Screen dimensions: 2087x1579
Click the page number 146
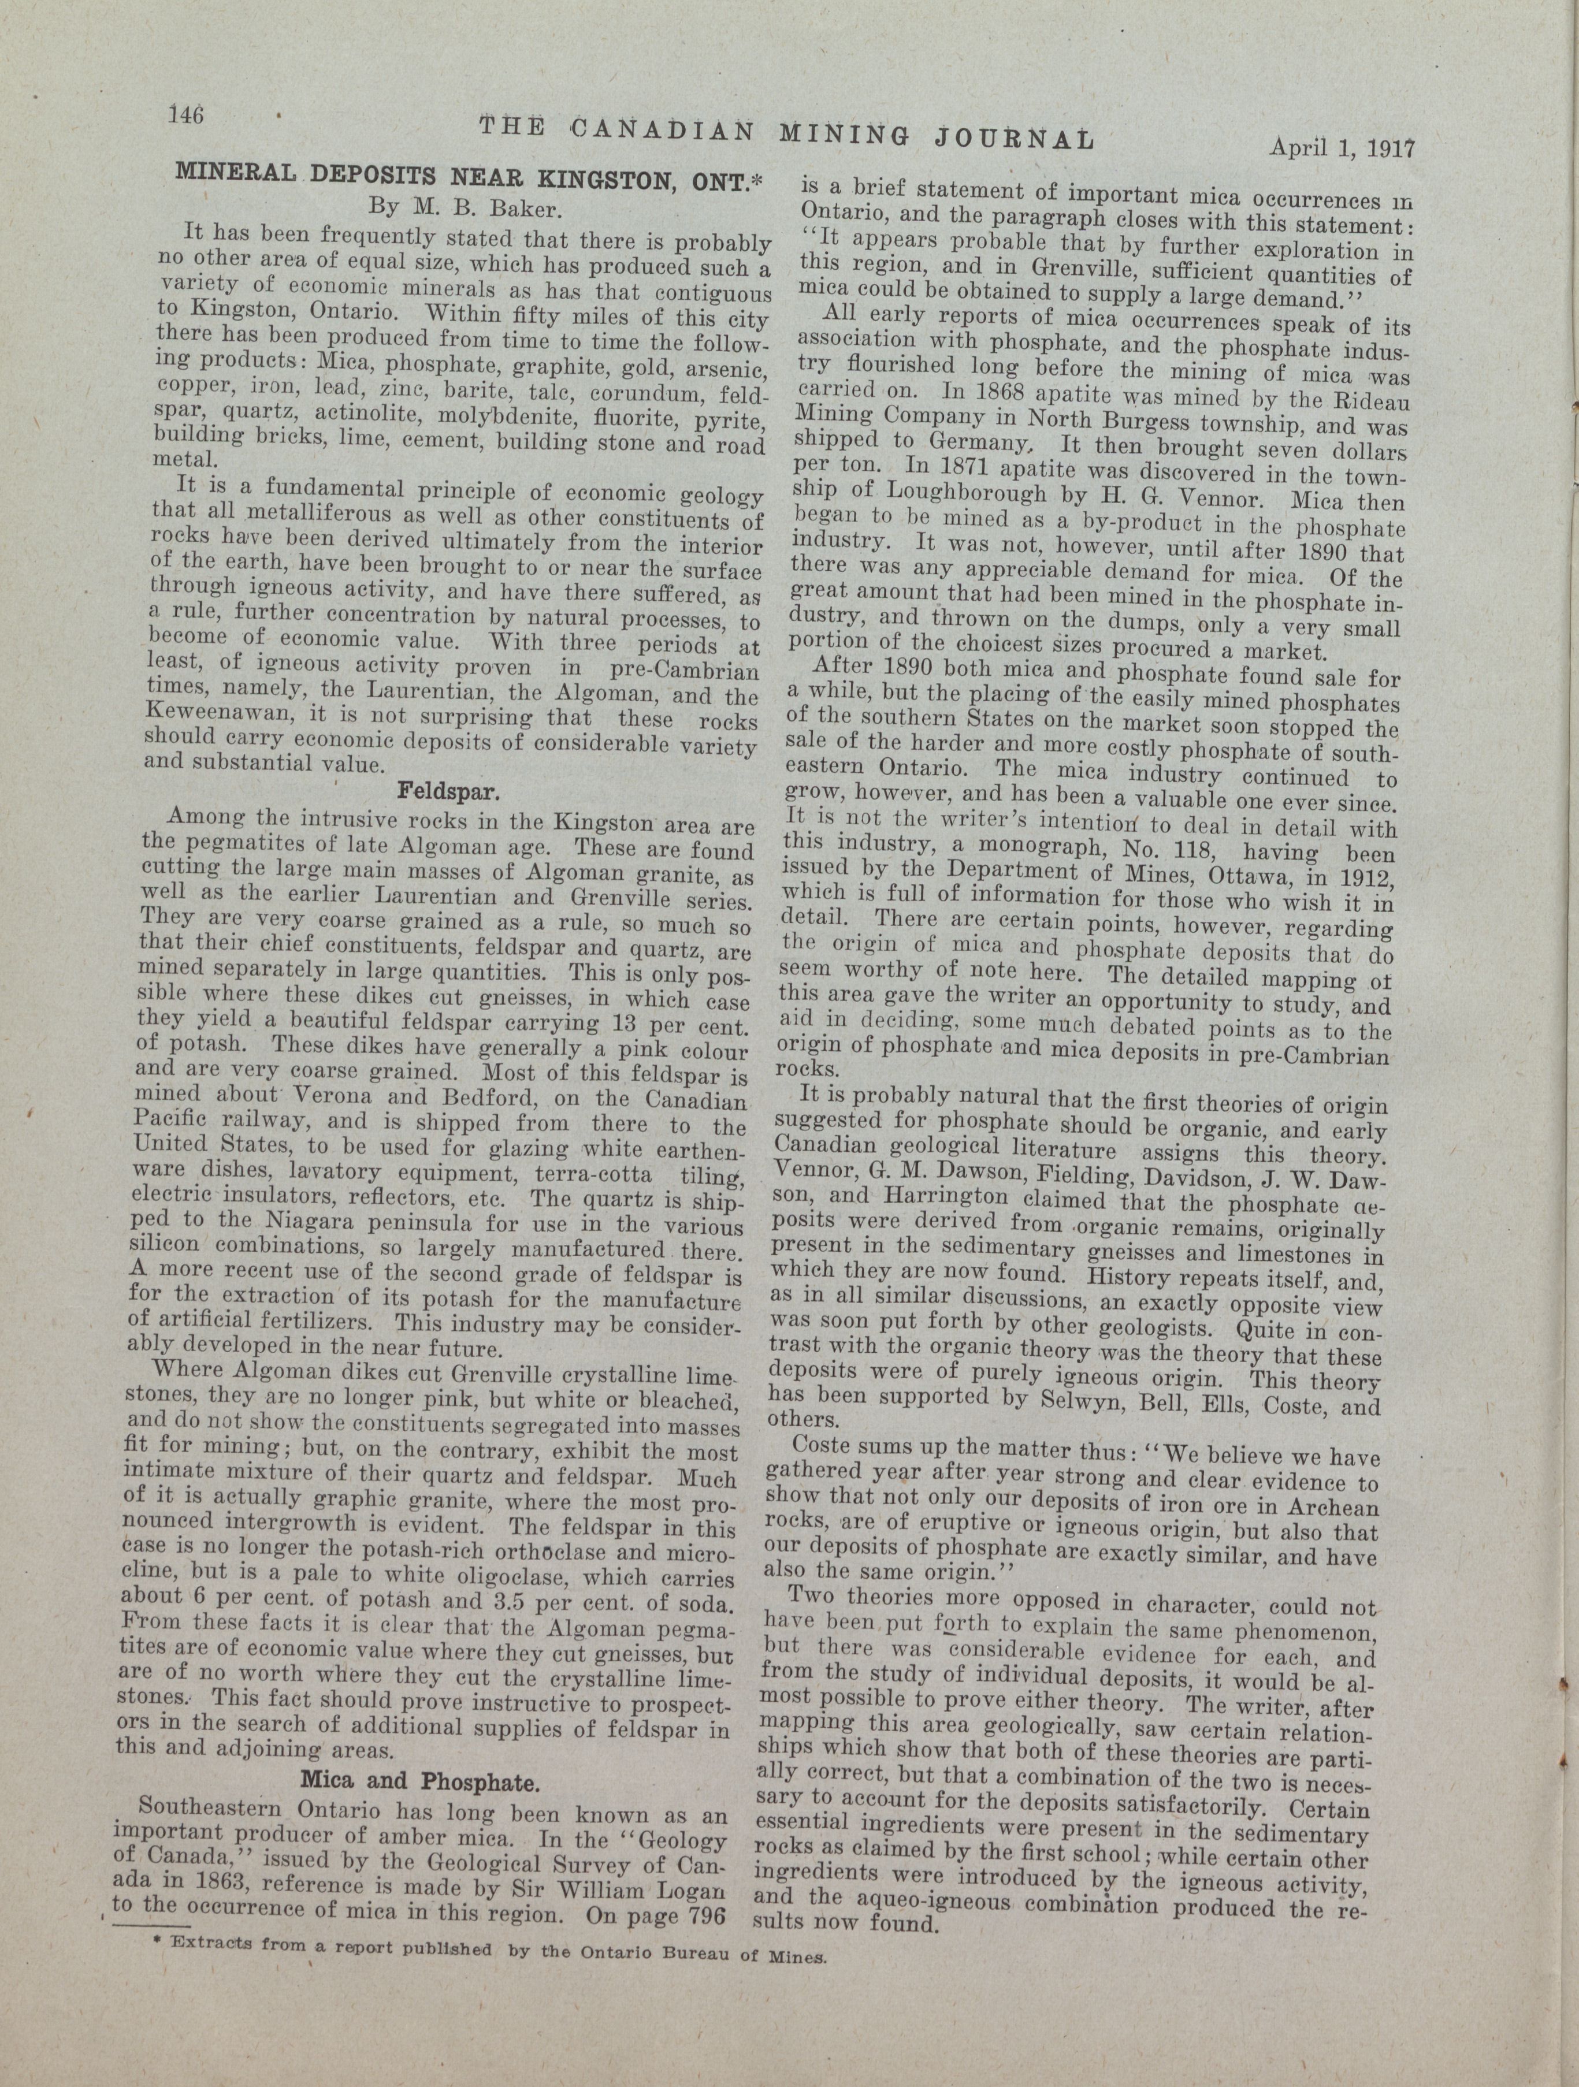click(x=186, y=115)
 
